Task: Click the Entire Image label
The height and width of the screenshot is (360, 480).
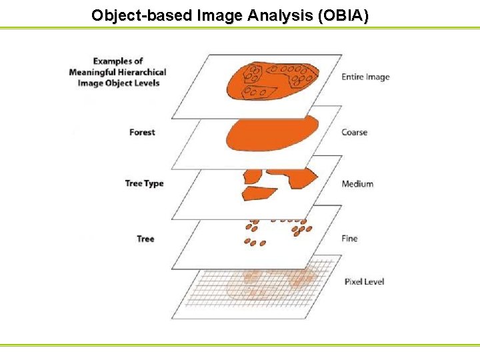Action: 365,77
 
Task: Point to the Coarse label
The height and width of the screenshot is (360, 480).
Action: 354,132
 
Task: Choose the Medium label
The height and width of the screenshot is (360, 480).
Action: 357,183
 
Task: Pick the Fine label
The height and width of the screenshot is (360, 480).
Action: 349,238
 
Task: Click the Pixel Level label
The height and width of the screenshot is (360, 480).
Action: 364,281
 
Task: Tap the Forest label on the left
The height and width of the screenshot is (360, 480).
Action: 142,132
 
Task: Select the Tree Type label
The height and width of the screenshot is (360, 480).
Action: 144,183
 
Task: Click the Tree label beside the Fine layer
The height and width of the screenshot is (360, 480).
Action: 145,238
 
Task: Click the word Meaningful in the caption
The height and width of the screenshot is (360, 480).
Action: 94,72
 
